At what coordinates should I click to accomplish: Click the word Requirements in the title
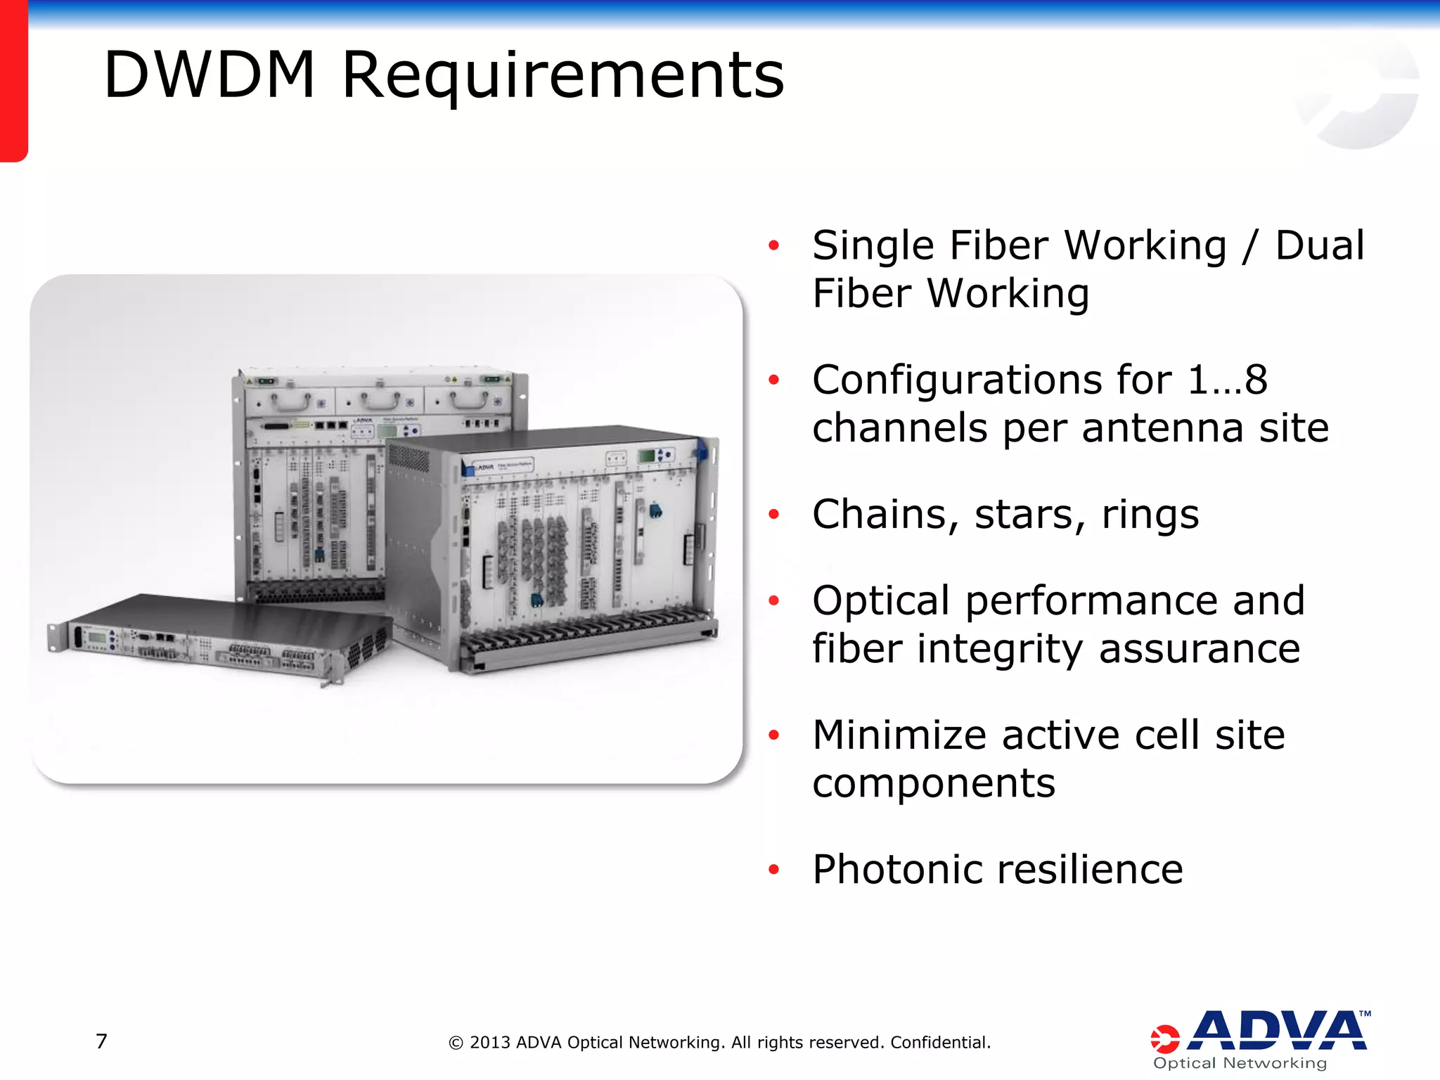562,76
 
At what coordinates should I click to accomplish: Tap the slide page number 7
101,1041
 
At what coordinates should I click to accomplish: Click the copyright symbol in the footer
456,1043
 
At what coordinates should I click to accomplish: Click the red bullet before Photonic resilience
773,870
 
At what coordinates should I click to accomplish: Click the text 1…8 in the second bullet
1227,380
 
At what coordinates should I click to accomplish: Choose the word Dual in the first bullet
1319,245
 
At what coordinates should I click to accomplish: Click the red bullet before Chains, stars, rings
773,515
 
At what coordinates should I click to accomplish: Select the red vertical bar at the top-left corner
13,81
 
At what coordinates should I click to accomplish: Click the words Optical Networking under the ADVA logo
1240,1063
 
